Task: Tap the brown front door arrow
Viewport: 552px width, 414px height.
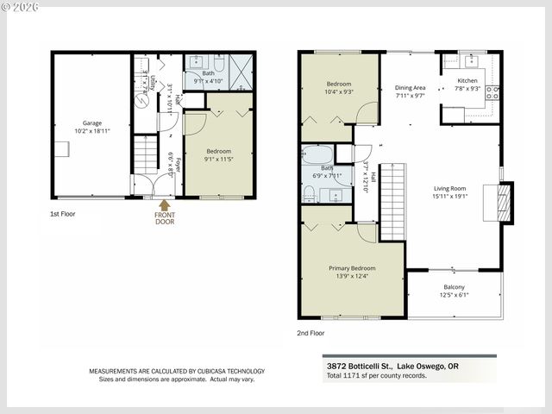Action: [x=164, y=204]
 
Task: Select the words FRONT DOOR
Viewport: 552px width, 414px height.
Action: [x=164, y=219]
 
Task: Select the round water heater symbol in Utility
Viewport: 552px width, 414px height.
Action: [x=141, y=98]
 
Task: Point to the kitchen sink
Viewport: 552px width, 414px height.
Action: [x=471, y=60]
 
